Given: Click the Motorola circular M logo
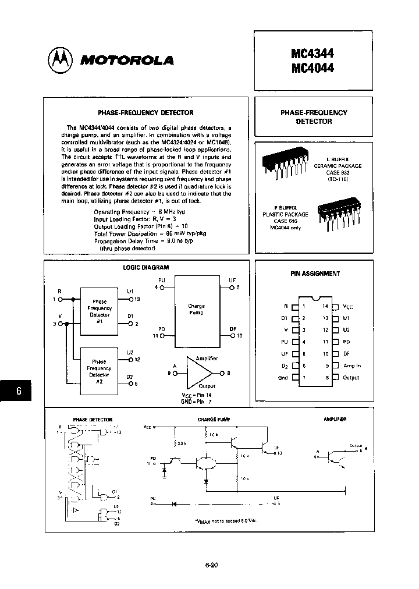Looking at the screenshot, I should click(x=60, y=59).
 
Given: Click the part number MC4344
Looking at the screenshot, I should click(x=312, y=54).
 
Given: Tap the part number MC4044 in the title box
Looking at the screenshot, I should click(x=312, y=68).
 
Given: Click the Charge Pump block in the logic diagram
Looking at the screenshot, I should click(x=196, y=309).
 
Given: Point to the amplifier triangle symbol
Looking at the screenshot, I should click(x=198, y=372).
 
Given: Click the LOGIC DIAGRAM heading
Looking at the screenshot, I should click(x=145, y=267).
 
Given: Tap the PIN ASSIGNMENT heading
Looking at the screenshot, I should click(x=315, y=273).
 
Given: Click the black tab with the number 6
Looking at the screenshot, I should click(x=19, y=392).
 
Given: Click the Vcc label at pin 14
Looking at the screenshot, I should click(x=347, y=306).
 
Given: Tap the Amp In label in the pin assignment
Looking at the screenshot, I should click(x=351, y=366).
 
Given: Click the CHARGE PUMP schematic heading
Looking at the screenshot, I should click(x=214, y=419).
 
